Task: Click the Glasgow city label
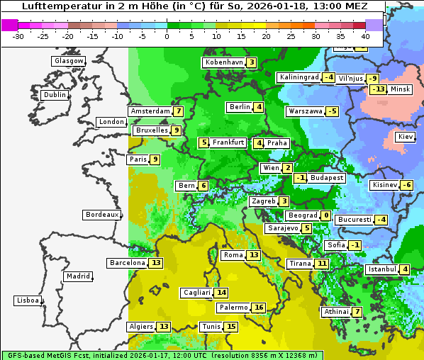pos(69,61)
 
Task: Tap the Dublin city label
pos(55,95)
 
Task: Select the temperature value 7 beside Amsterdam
pos(179,111)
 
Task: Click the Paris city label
pos(138,159)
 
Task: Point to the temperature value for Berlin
pos(260,107)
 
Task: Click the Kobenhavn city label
pos(224,62)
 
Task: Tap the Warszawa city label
pos(305,111)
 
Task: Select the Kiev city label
pos(406,137)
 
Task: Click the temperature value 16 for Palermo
pos(259,308)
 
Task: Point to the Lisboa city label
pos(28,300)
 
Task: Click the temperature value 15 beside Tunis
pos(231,327)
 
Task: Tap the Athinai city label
pos(335,312)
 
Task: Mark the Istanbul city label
pos(381,269)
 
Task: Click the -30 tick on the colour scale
pos(18,36)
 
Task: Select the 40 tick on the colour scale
pos(366,36)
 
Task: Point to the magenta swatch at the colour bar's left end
pos(10,25)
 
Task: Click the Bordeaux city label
pos(101,215)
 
